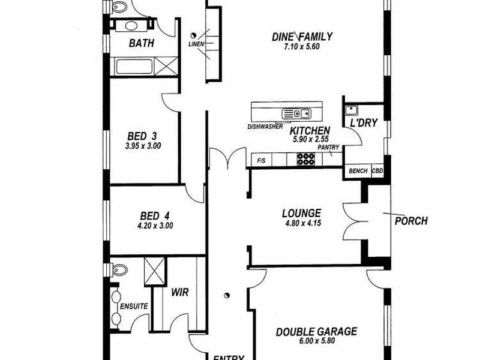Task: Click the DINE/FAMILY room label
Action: coord(302,37)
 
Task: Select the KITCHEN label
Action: coord(310,131)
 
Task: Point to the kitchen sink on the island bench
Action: coord(295,112)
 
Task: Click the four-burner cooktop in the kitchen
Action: coord(306,159)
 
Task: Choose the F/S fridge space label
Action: coord(262,161)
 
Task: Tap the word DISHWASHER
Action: coord(265,127)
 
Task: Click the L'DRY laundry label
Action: coord(363,123)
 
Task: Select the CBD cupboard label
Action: coord(377,171)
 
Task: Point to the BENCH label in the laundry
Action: coord(358,171)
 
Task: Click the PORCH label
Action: coord(411,221)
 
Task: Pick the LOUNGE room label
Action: coord(302,213)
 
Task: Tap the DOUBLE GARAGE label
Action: coord(316,331)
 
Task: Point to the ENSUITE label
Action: coord(134,306)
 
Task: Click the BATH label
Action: coord(142,43)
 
